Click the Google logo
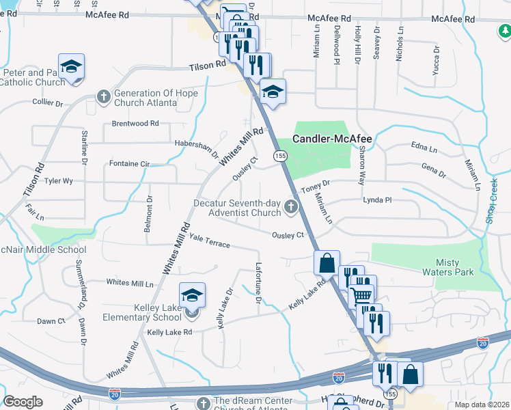(23, 402)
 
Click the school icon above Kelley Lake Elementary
(192, 295)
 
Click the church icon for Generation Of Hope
(104, 95)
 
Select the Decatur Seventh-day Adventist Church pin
(292, 206)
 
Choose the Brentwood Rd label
(135, 124)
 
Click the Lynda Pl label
(377, 200)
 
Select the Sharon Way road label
(361, 165)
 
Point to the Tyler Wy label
(58, 182)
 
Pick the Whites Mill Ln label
(130, 283)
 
